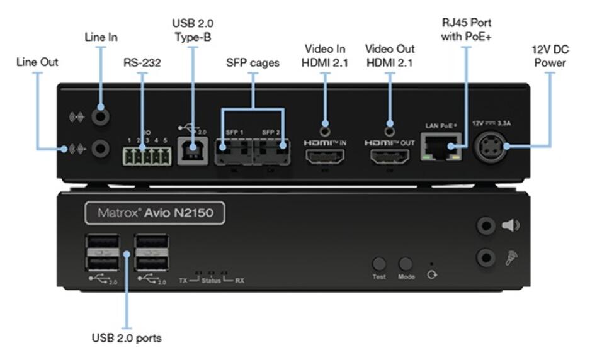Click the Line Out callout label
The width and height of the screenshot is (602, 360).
[37, 62]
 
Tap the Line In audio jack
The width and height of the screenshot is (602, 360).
[100, 116]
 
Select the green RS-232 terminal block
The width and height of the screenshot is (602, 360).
[147, 154]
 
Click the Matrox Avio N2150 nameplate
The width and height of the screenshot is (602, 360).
[155, 213]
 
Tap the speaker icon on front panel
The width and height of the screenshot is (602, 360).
[511, 225]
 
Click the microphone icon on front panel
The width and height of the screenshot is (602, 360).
[511, 257]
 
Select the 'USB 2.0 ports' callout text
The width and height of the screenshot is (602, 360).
[126, 338]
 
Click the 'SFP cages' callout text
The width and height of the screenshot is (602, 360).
[253, 63]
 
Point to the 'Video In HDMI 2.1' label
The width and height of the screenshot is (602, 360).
[326, 55]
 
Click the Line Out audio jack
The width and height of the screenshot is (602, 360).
[100, 149]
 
